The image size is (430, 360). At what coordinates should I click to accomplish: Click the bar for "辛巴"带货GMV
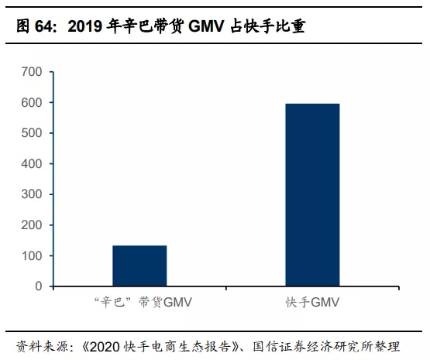[x=139, y=266]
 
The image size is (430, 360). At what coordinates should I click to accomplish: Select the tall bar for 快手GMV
[x=312, y=195]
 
